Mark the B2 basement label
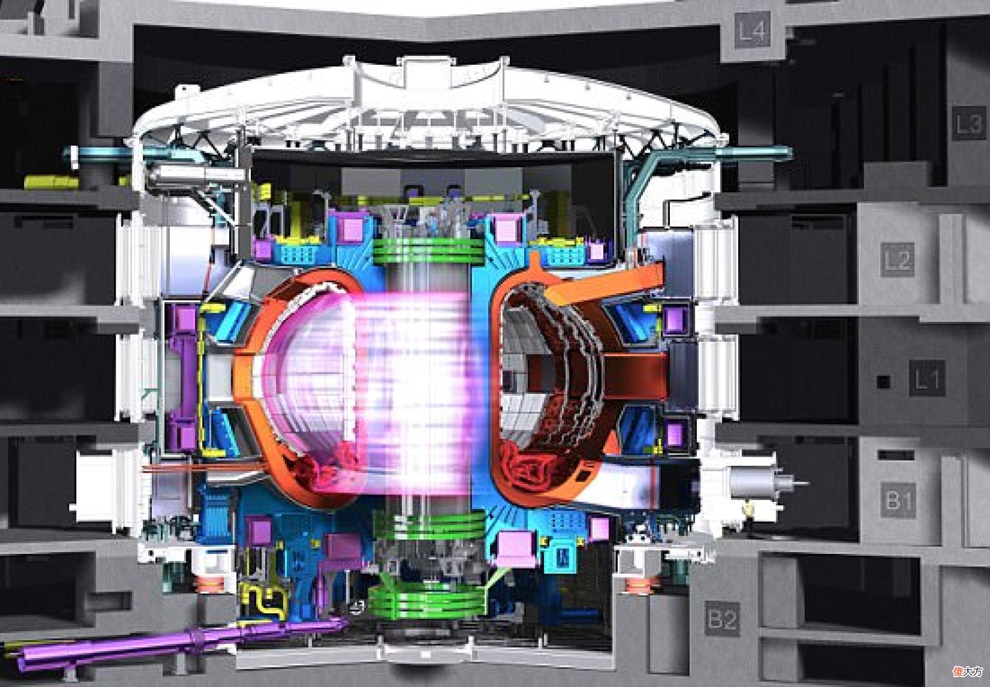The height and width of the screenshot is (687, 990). click(723, 620)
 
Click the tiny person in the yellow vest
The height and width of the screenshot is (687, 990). click(748, 512)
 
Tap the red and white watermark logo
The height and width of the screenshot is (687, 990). click(968, 672)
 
